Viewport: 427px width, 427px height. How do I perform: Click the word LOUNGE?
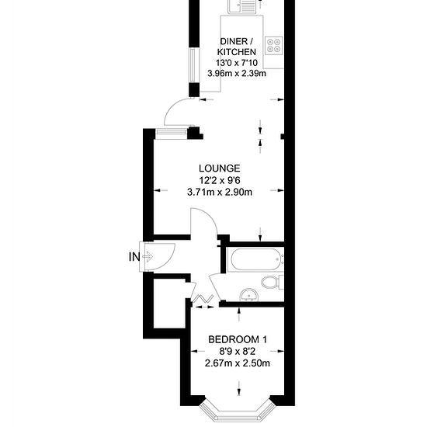[x=219, y=168]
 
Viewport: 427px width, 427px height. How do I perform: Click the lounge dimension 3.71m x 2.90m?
[x=220, y=193]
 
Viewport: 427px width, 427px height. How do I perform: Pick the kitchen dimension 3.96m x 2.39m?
[x=237, y=74]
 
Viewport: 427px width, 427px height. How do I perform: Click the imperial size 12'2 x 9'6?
[x=220, y=180]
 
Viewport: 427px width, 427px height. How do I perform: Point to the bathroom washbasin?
[x=249, y=294]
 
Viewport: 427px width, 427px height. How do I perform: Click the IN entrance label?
[x=134, y=256]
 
